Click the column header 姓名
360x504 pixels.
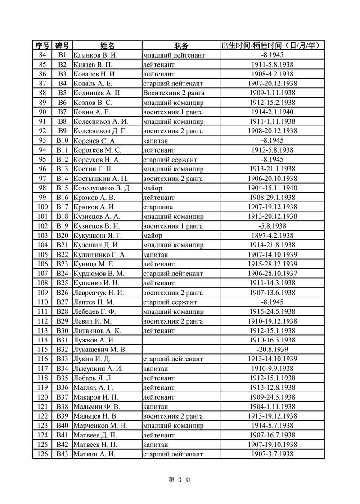[x=107, y=45]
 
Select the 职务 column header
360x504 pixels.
[x=181, y=45]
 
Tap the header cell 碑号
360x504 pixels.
[x=62, y=45]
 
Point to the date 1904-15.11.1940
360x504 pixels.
[x=272, y=188]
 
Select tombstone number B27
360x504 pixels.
[x=62, y=302]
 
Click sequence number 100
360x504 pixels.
[x=43, y=207]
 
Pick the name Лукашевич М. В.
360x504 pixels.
[x=100, y=349]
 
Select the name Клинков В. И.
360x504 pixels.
[x=95, y=55]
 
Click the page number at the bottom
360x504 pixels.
[x=180, y=480]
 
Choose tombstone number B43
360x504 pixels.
[x=62, y=454]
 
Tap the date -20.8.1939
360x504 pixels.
[x=272, y=349]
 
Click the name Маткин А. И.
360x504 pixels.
[x=94, y=454]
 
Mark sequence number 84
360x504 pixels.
[x=43, y=55]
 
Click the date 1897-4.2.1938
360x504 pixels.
[x=272, y=235]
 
